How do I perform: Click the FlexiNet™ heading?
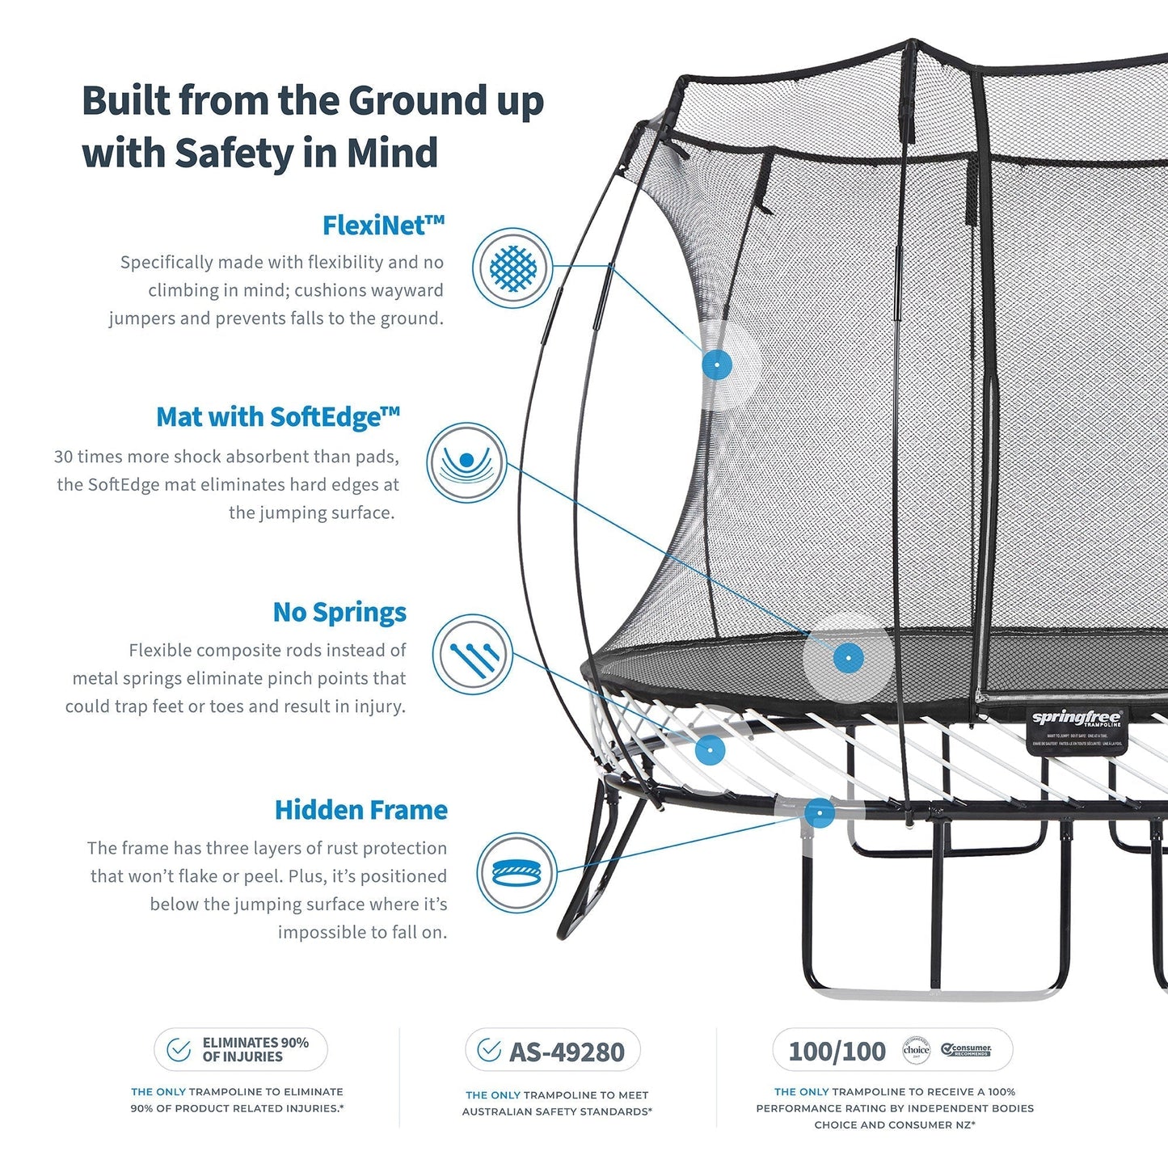pos(383,226)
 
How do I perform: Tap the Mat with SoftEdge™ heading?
pos(278,417)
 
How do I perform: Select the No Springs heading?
pos(339,612)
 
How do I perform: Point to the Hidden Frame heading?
pos(361,810)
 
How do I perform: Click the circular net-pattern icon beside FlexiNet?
pos(512,268)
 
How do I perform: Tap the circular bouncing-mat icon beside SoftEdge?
pos(466,462)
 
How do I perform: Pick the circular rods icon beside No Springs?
pos(472,654)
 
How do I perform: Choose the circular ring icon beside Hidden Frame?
pos(517,873)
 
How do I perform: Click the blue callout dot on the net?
pos(716,365)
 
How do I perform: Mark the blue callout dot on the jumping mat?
pos(848,658)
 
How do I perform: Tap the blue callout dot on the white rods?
pos(710,749)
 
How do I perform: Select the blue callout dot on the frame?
pos(820,812)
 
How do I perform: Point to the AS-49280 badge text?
pos(567,1052)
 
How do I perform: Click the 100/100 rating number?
pos(837,1051)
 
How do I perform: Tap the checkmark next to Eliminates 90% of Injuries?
pos(179,1050)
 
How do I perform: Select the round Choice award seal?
pos(916,1050)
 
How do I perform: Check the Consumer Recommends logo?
pos(967,1050)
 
